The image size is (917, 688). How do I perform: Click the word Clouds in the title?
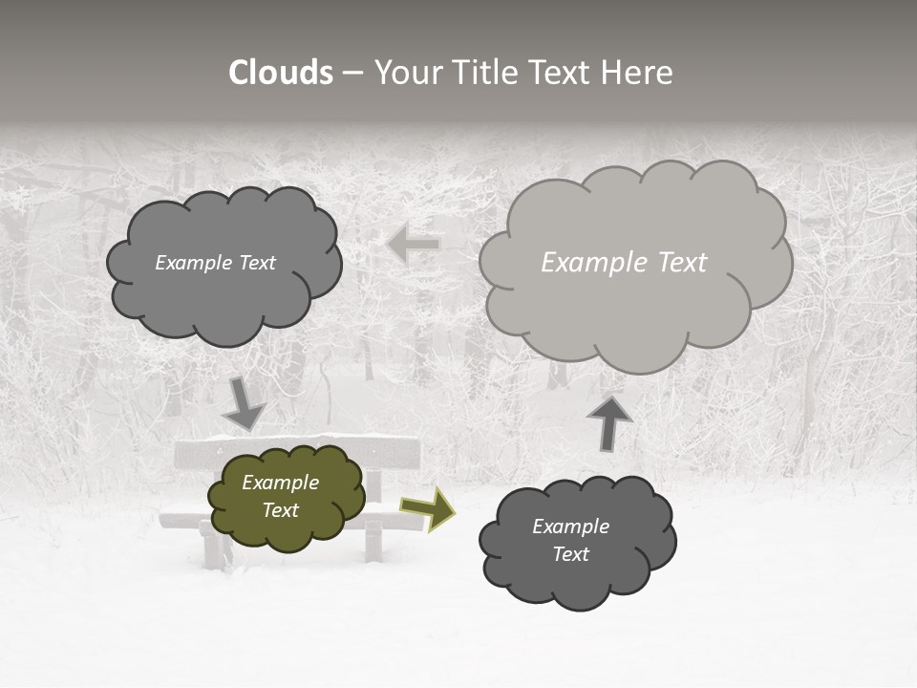tap(281, 73)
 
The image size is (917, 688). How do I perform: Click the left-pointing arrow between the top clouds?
tap(414, 245)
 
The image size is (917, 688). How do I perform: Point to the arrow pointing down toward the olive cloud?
tap(245, 404)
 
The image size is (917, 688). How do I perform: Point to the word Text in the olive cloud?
tap(281, 510)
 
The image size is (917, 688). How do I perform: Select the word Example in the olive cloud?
tap(281, 483)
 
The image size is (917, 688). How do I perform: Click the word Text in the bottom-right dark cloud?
tap(571, 554)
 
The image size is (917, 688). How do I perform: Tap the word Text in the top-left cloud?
tap(255, 263)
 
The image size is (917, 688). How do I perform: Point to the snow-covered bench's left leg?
tap(212, 548)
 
